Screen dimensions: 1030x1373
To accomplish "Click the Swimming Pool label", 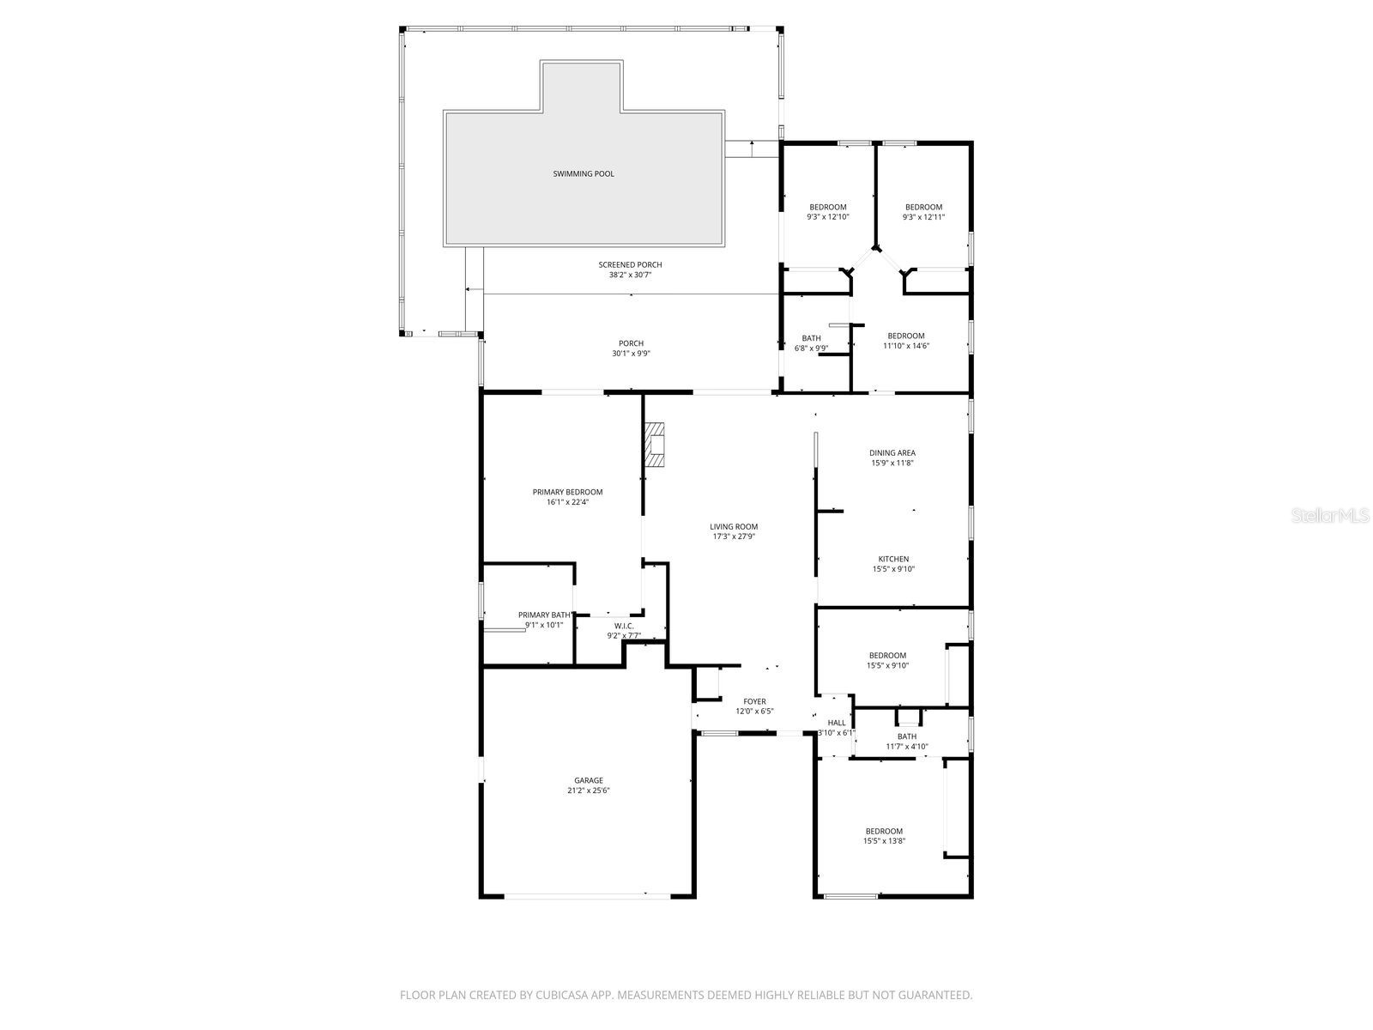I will pos(584,174).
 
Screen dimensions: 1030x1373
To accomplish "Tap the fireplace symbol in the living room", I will pos(656,445).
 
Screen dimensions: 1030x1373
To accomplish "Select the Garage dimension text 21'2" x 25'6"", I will pos(589,791).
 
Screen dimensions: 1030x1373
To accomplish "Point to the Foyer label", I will pos(754,701).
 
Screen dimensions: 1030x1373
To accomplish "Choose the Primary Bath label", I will pos(545,615).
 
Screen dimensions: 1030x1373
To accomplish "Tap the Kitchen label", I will pos(893,559).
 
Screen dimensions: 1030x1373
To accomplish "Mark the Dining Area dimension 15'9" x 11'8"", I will pos(892,463).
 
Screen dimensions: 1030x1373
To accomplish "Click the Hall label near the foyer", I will pos(837,723).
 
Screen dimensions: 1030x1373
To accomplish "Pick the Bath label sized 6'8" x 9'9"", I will pos(811,338).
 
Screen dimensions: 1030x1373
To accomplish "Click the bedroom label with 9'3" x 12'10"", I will pos(828,207).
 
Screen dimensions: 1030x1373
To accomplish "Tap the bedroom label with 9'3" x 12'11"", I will pos(923,207).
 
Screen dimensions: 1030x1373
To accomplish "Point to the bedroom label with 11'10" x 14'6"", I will pos(906,336).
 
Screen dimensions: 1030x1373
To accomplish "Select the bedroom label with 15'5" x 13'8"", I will pos(884,831).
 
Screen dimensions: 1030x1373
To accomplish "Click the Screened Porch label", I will pos(630,264).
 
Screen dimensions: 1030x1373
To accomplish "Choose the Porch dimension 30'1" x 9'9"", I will pos(631,354).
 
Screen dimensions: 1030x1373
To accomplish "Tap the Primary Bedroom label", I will pos(567,492).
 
